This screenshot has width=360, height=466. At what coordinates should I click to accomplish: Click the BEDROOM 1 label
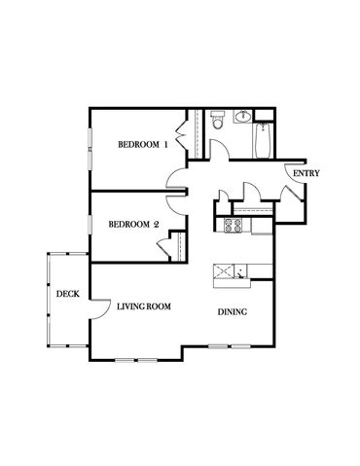pos(143,144)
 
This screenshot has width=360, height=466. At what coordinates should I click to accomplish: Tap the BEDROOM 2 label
pos(133,224)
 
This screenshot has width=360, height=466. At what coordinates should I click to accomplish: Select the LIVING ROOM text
pos(144,306)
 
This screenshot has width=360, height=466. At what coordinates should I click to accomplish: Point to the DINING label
pos(233,312)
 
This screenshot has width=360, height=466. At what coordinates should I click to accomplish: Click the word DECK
pos(68,294)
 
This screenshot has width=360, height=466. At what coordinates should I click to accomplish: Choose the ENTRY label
pos(306,173)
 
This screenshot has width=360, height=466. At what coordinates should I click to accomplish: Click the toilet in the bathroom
pos(217,120)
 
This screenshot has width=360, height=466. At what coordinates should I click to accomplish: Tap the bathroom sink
pos(242,117)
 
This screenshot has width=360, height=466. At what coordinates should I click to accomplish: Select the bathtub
pos(263,141)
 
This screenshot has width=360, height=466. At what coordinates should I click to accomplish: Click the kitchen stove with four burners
pos(234,226)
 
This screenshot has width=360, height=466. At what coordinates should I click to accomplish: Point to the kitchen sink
pos(240,271)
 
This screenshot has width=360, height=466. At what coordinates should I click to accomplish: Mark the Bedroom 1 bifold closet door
pos(181,135)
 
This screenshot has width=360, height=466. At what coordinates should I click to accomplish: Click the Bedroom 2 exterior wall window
pos(90,225)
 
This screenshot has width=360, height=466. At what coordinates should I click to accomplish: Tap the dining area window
pos(230,346)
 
